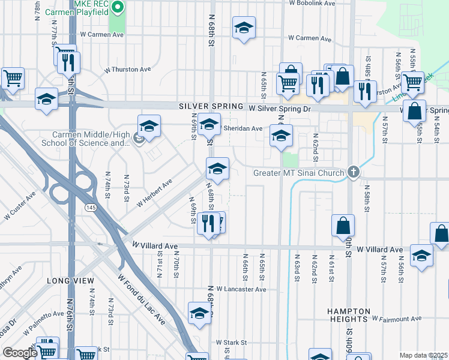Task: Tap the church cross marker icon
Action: click(354, 173)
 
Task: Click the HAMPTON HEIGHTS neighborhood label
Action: click(349, 316)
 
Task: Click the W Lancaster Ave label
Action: click(241, 289)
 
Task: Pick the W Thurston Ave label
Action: click(127, 70)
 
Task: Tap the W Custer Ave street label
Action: click(20, 205)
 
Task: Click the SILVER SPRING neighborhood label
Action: click(212, 106)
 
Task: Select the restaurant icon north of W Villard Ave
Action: click(208, 224)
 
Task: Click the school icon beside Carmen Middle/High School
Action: click(149, 127)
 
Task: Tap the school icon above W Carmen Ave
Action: click(243, 29)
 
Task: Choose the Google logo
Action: click(20, 353)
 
